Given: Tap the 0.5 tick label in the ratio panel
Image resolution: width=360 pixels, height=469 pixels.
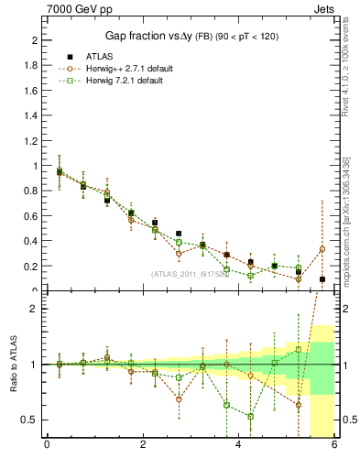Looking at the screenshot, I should coord(28,420).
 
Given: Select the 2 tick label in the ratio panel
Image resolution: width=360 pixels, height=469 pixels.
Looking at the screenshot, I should coord(34,309).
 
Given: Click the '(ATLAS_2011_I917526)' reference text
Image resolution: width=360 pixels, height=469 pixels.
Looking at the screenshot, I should coord(190,273).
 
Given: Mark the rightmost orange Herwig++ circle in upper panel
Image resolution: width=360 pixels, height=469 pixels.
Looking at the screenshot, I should coord(322,249).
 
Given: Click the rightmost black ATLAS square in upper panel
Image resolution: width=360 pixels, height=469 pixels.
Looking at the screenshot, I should coord(322,279).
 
